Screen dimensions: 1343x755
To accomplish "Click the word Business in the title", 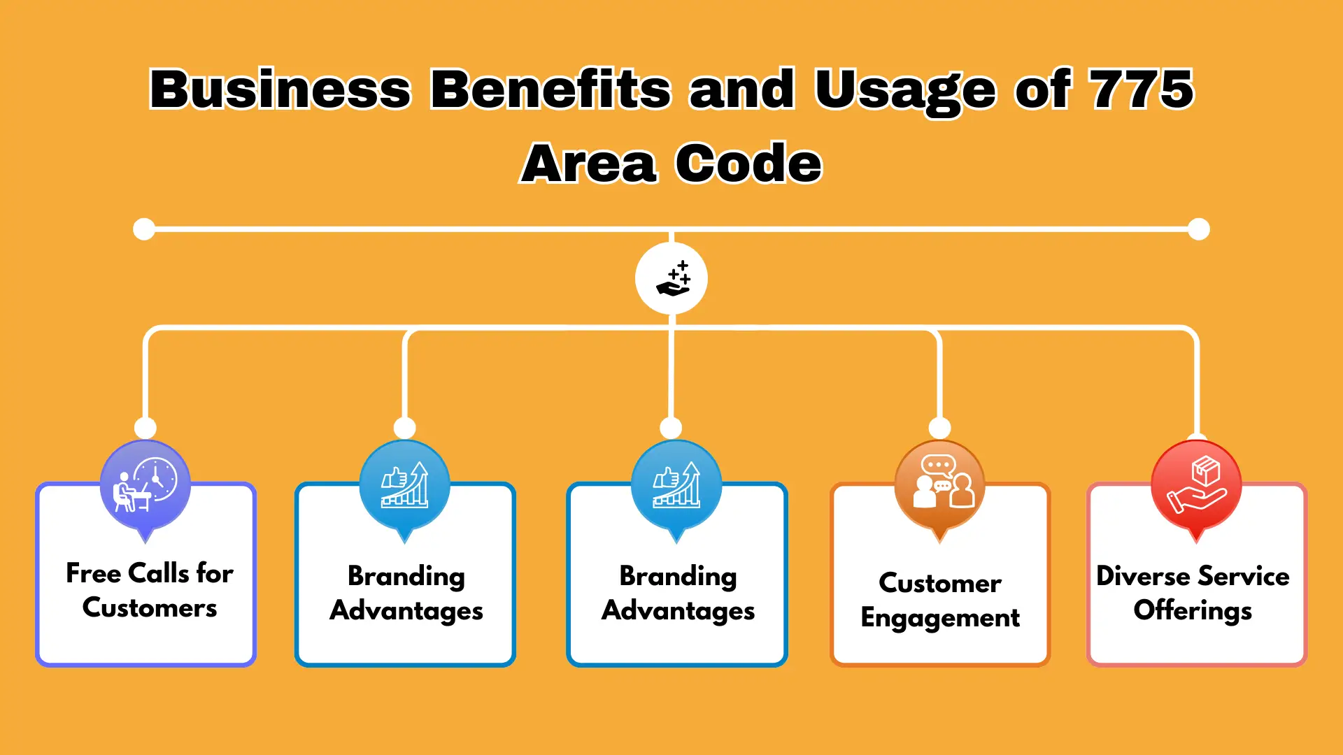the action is tap(280, 89).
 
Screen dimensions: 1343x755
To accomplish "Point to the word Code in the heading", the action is tap(748, 163).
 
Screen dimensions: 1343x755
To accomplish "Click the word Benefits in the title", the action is tap(550, 89).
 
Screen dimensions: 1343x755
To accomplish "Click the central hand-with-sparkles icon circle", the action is tap(671, 278).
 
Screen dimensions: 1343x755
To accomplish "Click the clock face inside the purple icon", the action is tap(156, 479).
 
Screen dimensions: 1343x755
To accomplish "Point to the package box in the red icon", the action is tap(1206, 470).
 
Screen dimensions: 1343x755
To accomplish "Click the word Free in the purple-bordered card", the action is tap(94, 573).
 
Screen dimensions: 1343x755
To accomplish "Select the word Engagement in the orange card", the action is tap(940, 619).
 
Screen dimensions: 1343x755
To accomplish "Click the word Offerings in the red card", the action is tap(1193, 611).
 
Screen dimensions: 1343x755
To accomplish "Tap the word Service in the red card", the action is tap(1243, 576).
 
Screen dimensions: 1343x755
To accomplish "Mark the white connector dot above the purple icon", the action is tap(145, 428).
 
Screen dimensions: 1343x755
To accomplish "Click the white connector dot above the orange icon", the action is tap(939, 428).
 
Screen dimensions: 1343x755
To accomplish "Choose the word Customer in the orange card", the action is tap(940, 583).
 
